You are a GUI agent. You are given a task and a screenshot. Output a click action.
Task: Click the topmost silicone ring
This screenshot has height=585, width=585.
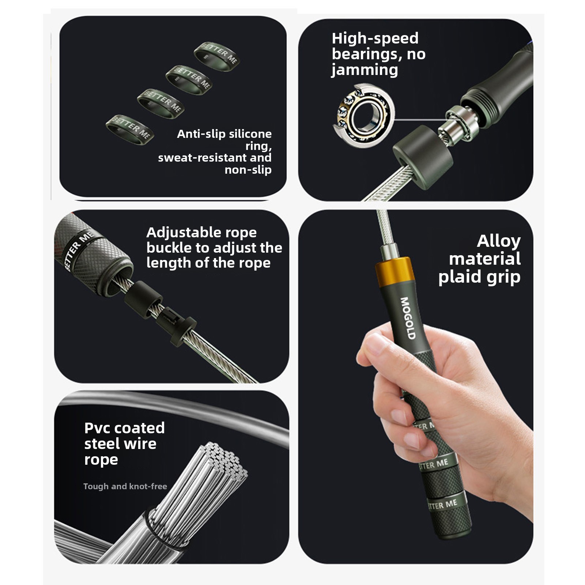tap(217, 56)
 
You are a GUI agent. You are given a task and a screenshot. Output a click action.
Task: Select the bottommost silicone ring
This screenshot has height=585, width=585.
tap(130, 130)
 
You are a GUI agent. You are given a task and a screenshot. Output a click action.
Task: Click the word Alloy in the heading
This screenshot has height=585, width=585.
tap(499, 242)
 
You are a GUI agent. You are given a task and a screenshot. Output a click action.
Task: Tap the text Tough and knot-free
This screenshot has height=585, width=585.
tap(125, 486)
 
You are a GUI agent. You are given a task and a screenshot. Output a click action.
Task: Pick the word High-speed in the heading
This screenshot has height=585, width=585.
tap(375, 38)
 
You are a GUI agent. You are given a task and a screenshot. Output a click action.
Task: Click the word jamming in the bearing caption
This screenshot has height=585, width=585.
tap(365, 70)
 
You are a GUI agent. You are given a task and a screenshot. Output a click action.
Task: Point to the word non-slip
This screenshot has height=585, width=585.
tap(248, 170)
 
